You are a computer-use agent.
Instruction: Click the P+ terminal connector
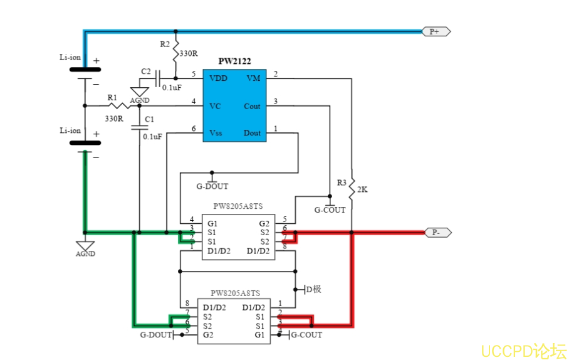[x=436, y=31]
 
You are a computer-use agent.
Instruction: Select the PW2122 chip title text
[x=234, y=61]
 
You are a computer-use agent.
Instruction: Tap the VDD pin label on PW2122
[x=219, y=78]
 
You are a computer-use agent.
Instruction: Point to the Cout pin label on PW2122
[x=252, y=106]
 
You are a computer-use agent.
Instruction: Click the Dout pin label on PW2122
[x=252, y=133]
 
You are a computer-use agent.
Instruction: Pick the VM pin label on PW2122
[x=253, y=78]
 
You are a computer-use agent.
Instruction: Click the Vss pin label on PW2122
[x=216, y=133]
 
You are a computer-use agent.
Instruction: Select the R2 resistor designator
[x=165, y=45]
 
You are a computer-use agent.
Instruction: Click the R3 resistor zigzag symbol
[x=352, y=186]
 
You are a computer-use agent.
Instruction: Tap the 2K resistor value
[x=362, y=189]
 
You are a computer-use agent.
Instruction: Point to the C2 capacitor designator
[x=146, y=72]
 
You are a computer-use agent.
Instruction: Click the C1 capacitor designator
[x=149, y=119]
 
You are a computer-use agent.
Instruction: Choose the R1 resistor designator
[x=112, y=97]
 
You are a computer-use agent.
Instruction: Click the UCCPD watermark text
[x=523, y=350]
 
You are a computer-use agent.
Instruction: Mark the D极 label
[x=313, y=289]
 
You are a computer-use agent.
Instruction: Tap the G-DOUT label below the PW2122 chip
[x=212, y=186]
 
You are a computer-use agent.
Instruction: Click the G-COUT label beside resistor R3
[x=330, y=209]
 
